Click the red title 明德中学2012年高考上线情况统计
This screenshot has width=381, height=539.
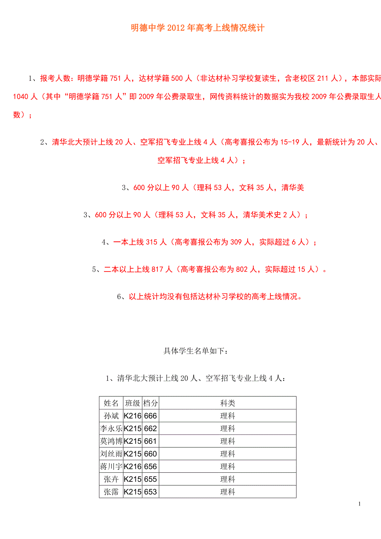click(198, 28)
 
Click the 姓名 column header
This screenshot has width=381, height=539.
click(111, 403)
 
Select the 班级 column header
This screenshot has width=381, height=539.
click(133, 403)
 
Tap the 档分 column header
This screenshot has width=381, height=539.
click(150, 403)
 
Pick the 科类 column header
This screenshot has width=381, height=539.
click(227, 403)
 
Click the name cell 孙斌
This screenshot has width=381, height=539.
click(111, 416)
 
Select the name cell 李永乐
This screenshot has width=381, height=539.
click(111, 428)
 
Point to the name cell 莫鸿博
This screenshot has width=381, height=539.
click(111, 441)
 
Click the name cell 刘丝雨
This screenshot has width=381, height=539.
click(111, 454)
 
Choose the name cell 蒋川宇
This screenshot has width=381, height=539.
click(111, 467)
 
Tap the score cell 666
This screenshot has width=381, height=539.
click(150, 416)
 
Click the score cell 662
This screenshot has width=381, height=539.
click(150, 428)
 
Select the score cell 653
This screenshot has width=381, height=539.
click(150, 492)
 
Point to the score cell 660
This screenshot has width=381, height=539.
click(150, 454)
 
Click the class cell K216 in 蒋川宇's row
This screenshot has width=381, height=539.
click(133, 467)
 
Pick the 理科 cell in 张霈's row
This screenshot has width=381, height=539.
click(227, 492)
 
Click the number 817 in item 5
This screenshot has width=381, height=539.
click(158, 269)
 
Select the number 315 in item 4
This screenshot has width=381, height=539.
click(152, 242)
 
